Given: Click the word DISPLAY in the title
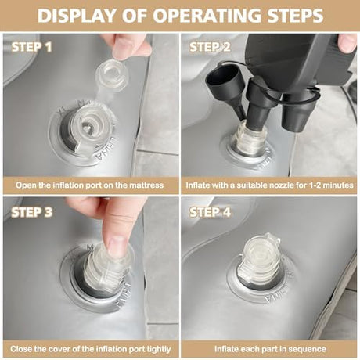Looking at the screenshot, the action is tap(77, 16).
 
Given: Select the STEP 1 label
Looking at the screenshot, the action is tap(31, 47).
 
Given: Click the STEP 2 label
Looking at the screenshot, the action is tap(210, 47).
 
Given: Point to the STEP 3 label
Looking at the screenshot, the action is tap(32, 212).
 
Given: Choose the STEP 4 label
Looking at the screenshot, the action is tap(211, 212).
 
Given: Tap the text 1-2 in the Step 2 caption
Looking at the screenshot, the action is tap(315, 185).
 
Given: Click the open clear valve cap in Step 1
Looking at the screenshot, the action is tap(112, 75).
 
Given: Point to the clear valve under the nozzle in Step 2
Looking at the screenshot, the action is tap(252, 139).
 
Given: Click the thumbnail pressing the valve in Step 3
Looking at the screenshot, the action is tap(117, 246).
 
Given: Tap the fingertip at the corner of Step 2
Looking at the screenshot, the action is tap(347, 43).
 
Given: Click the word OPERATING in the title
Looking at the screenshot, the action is tap(207, 16).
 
